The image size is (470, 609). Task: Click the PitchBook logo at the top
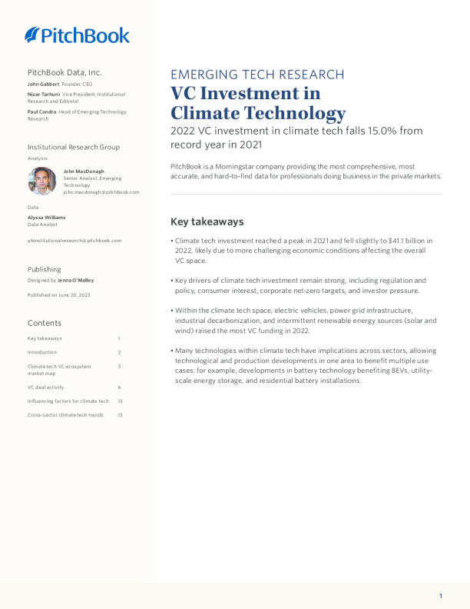point(77,35)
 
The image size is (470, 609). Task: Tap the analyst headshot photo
point(42,181)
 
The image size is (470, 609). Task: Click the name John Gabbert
point(43,84)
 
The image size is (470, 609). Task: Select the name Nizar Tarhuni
point(44,94)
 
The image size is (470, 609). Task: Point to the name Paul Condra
point(41,112)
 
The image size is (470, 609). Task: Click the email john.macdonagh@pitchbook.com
point(101,192)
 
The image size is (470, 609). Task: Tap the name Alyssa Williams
point(46,218)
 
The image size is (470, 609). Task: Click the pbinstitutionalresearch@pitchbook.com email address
point(74,241)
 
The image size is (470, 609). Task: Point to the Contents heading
point(44,323)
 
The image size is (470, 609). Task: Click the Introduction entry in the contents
point(42,352)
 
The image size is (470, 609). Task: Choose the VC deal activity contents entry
point(48,387)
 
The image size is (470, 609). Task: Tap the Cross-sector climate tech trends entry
point(65,415)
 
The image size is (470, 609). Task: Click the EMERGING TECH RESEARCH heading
point(257,75)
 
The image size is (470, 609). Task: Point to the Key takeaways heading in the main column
point(207,221)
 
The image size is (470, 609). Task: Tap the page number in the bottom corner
point(441,596)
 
